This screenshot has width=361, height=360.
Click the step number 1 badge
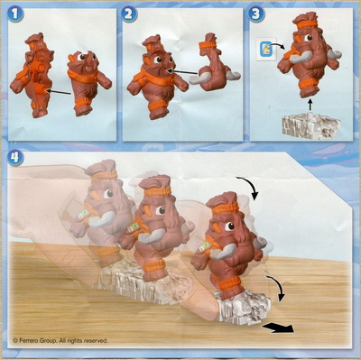point(15,14)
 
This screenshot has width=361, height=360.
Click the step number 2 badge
point(129,14)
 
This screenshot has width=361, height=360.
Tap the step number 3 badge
point(256,14)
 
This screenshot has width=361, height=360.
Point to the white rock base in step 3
point(311,126)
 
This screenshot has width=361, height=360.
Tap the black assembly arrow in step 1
point(60,91)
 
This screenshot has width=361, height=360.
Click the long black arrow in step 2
point(182,72)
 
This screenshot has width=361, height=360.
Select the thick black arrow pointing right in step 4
point(278,328)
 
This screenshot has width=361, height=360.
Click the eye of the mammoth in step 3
point(308,38)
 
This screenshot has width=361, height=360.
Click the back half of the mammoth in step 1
point(33,75)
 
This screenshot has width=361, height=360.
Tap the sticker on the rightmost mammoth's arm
point(205,245)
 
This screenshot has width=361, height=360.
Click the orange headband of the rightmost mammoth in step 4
point(226,208)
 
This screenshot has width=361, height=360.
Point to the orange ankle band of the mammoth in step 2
point(157,106)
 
